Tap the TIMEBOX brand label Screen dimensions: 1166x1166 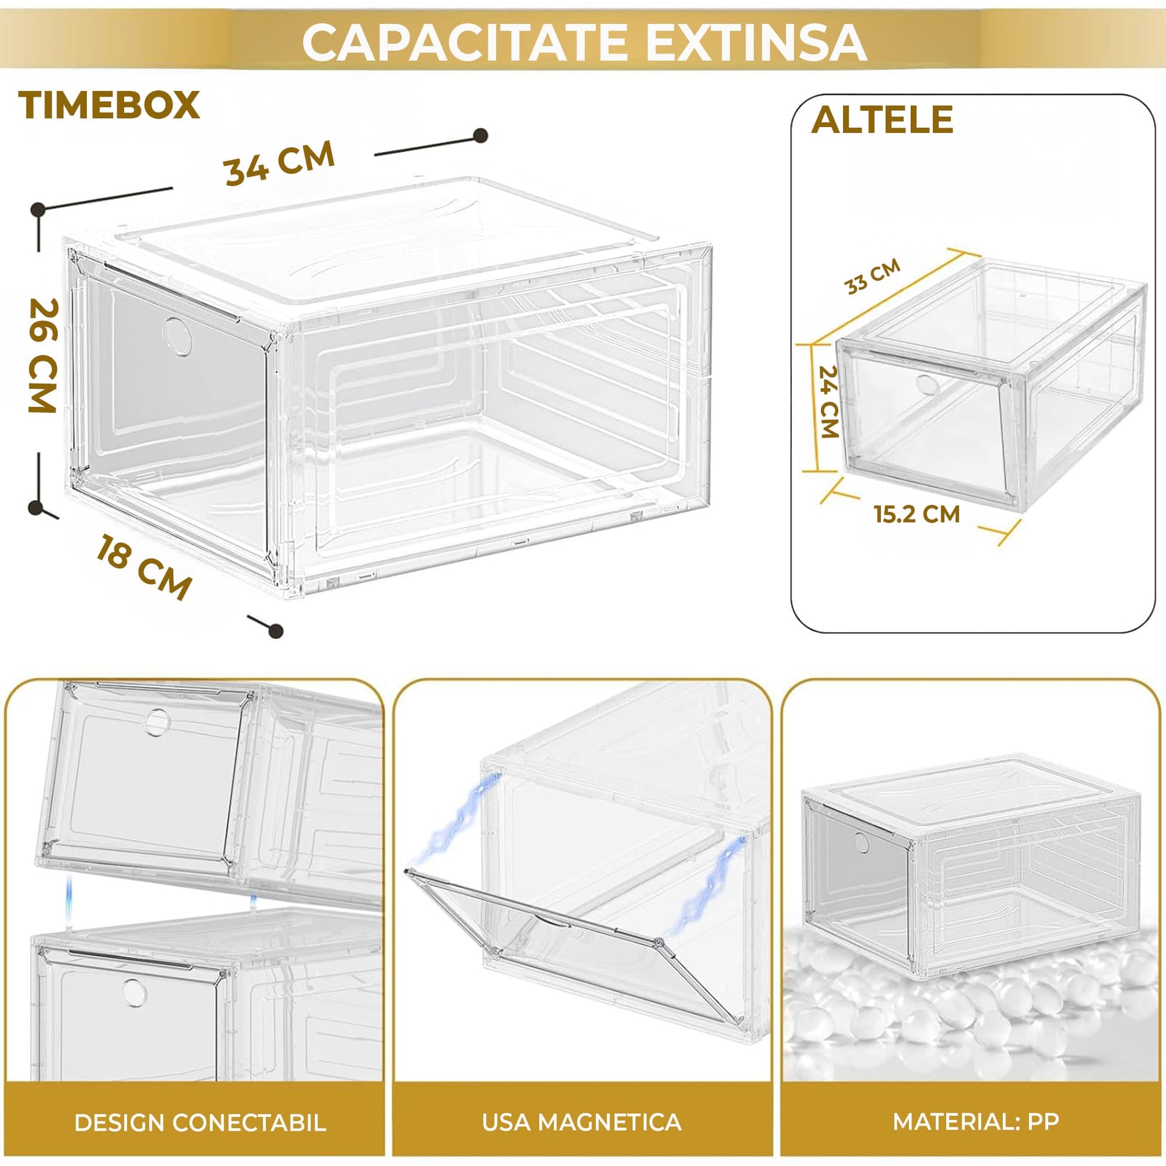[x=109, y=105]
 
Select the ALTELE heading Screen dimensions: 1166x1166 [x=882, y=119]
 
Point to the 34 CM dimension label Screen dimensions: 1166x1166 [x=279, y=162]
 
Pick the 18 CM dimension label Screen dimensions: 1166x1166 [x=144, y=566]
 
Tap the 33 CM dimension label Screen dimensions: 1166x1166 [x=872, y=276]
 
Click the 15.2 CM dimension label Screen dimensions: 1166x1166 [x=917, y=514]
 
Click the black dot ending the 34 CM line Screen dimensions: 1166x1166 [x=481, y=136]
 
